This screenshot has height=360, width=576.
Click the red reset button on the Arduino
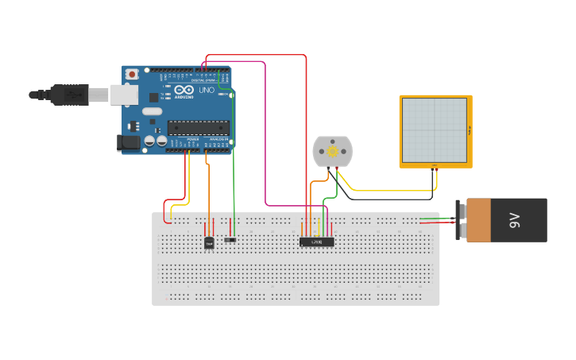click(x=131, y=74)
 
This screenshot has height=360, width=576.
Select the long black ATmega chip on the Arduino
click(x=198, y=126)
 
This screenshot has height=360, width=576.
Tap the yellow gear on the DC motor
click(x=332, y=150)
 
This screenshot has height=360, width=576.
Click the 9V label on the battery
click(x=513, y=220)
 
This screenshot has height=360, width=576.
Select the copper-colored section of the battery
click(x=479, y=220)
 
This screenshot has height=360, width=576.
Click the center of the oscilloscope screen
click(x=435, y=130)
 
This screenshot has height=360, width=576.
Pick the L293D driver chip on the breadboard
click(x=316, y=242)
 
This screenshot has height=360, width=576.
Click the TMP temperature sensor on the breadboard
click(x=210, y=242)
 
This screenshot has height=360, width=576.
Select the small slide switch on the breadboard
click(x=230, y=239)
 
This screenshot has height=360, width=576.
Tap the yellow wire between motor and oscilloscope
click(x=381, y=192)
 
